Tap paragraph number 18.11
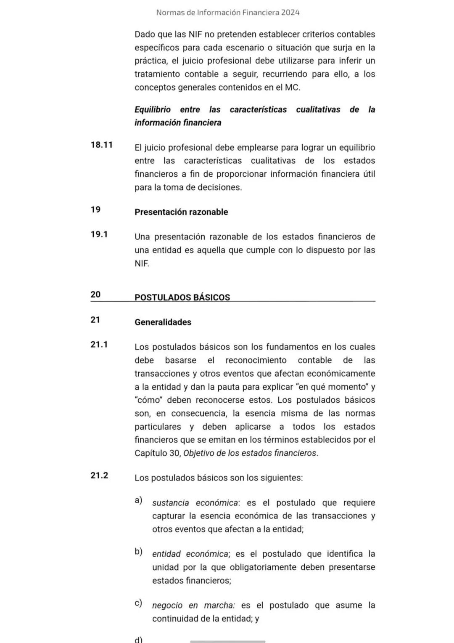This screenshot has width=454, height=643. pyautogui.click(x=101, y=145)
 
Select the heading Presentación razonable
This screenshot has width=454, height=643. pyautogui.click(x=181, y=212)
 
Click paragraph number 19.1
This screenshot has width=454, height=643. pyautogui.click(x=99, y=234)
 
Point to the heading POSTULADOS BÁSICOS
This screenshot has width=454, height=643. pyautogui.click(x=182, y=298)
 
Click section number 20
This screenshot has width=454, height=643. pyautogui.click(x=95, y=295)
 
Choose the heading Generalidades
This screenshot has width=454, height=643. pyautogui.click(x=163, y=322)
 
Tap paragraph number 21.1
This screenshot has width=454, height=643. pyautogui.click(x=99, y=345)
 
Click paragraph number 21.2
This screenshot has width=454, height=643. pyautogui.click(x=99, y=476)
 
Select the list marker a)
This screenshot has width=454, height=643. pyautogui.click(x=138, y=500)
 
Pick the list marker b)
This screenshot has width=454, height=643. pyautogui.click(x=138, y=552)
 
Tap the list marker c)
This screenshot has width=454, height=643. pyautogui.click(x=138, y=603)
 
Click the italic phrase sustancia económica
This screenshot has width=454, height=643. pyautogui.click(x=195, y=503)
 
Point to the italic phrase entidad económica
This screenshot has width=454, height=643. pyautogui.click(x=190, y=554)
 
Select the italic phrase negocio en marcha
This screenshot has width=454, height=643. pyautogui.click(x=193, y=606)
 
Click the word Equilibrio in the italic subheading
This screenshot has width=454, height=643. pyautogui.click(x=152, y=110)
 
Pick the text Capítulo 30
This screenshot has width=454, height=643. pyautogui.click(x=157, y=453)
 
